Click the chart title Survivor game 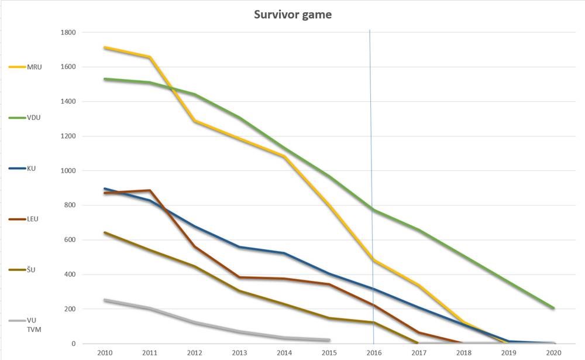[293, 15]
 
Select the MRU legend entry [25, 67]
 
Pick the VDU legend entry [25, 118]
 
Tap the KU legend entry [22, 169]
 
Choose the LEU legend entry [23, 219]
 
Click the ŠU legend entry [22, 270]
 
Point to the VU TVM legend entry [25, 325]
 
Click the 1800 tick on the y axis [68, 33]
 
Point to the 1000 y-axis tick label [68, 171]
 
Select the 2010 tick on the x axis [105, 352]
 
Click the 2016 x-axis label [374, 352]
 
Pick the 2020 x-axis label [553, 352]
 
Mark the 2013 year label [239, 352]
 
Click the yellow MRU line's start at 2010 [105, 47]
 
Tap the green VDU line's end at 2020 [553, 308]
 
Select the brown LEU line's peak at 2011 [150, 190]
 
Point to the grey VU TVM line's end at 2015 [329, 340]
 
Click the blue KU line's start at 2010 [105, 189]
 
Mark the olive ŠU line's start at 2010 [105, 232]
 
